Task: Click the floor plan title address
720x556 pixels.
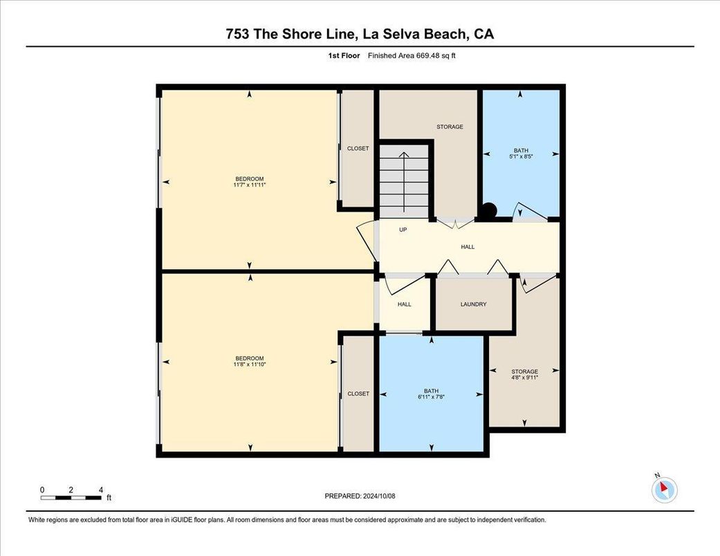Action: click(360, 34)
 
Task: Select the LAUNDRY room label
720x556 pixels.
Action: click(474, 304)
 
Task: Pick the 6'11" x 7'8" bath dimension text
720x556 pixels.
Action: click(431, 397)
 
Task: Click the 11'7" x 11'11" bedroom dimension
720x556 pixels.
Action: click(250, 185)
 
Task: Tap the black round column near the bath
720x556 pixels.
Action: click(489, 211)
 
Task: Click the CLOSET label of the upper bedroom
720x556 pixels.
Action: click(358, 149)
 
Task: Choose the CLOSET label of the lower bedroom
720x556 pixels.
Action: click(358, 393)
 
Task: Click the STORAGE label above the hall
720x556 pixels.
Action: click(450, 127)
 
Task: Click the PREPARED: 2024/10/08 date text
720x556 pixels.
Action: click(360, 496)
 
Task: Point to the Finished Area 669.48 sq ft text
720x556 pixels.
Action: click(412, 56)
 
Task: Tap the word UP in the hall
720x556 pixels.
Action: click(403, 230)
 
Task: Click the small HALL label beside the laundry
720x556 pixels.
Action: click(404, 304)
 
